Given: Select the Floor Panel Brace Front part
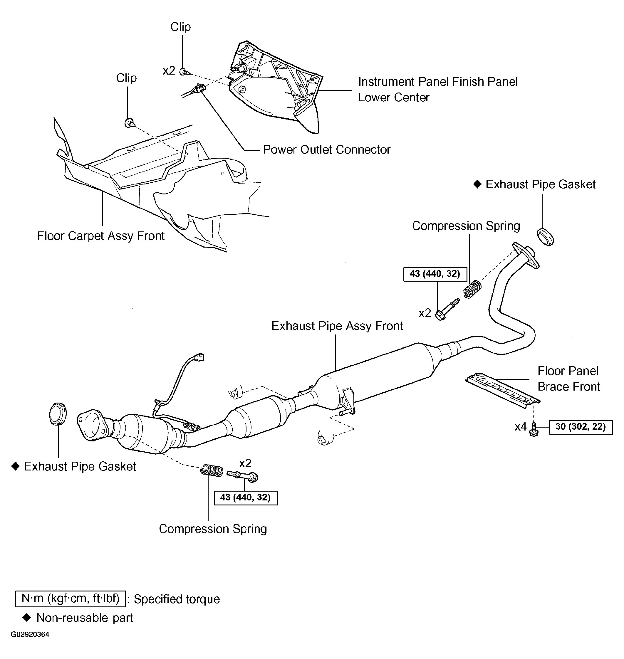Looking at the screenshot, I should [x=502, y=390].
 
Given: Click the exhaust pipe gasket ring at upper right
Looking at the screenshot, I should [x=546, y=237].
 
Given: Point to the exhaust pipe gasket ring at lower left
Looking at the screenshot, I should [x=58, y=413].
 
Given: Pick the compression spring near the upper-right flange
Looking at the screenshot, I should [x=472, y=289].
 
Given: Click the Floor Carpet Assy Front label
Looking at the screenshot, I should [x=101, y=236].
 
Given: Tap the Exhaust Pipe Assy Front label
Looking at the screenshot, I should [x=337, y=326].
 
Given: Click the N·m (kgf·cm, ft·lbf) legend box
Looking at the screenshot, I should [x=71, y=599].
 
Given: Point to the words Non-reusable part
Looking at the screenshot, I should [x=85, y=618].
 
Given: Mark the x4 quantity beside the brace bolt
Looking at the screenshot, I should [x=521, y=427].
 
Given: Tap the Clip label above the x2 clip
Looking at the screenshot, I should [x=181, y=27].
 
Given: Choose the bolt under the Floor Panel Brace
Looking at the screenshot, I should [x=534, y=430].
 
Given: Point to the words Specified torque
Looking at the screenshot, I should [x=177, y=599].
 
